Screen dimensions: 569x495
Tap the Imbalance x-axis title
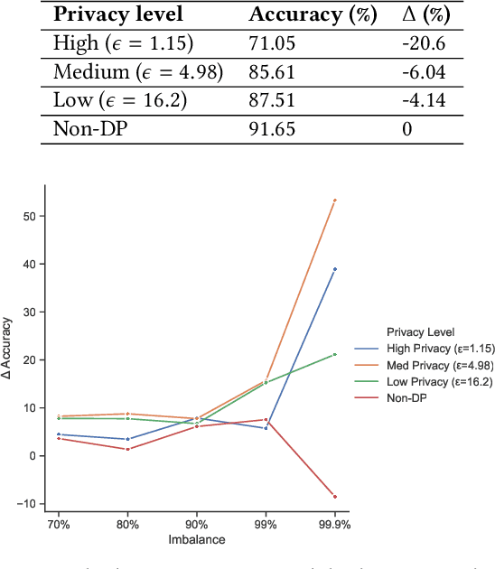[x=196, y=539]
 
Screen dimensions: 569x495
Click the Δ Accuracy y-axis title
[x=9, y=360]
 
